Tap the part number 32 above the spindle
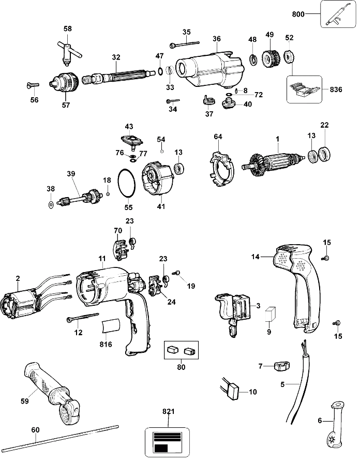116,57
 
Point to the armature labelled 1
274,162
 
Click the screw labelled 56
33,85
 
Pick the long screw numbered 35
185,44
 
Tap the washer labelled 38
51,204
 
